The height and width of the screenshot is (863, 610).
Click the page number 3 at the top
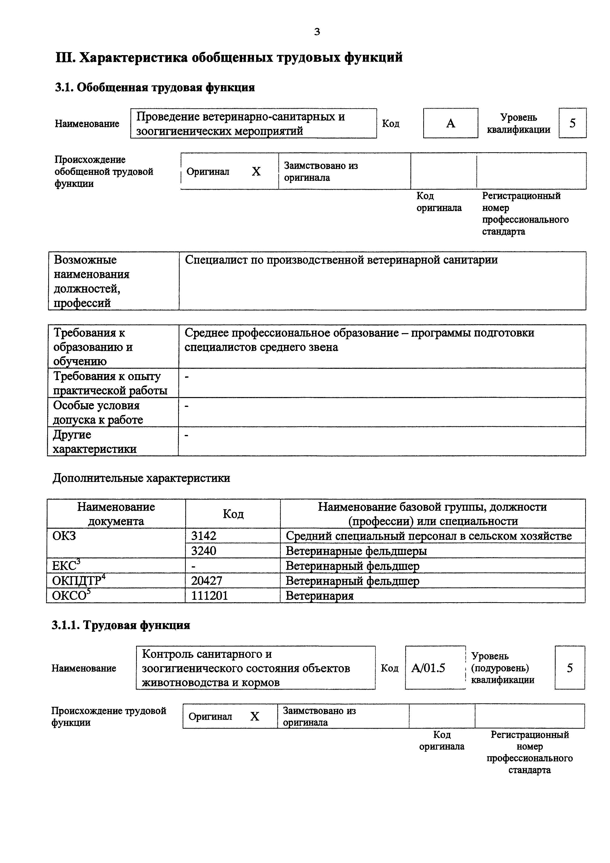click(317, 32)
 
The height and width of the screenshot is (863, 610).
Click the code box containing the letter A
click(450, 123)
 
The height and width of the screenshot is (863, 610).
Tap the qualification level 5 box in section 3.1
click(572, 123)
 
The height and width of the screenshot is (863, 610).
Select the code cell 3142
click(204, 536)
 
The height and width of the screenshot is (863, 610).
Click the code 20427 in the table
click(207, 581)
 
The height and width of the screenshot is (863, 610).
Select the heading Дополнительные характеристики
click(141, 478)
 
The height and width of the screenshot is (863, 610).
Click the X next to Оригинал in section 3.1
click(256, 172)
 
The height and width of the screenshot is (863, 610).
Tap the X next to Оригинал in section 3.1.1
click(255, 716)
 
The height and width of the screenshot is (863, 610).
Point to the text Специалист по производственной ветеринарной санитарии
click(341, 260)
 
